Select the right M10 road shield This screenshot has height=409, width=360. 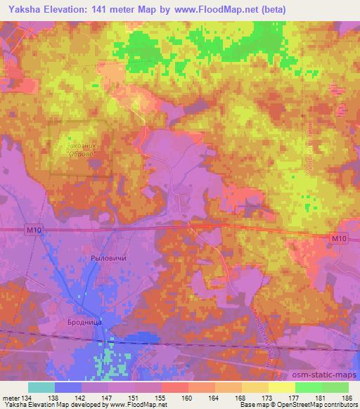coord(339,240)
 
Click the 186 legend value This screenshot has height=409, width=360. coord(348,397)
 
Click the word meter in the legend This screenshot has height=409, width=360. coord(11,397)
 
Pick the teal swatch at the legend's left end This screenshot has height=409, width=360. coord(41,387)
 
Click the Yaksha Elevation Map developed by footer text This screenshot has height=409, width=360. coord(51,405)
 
